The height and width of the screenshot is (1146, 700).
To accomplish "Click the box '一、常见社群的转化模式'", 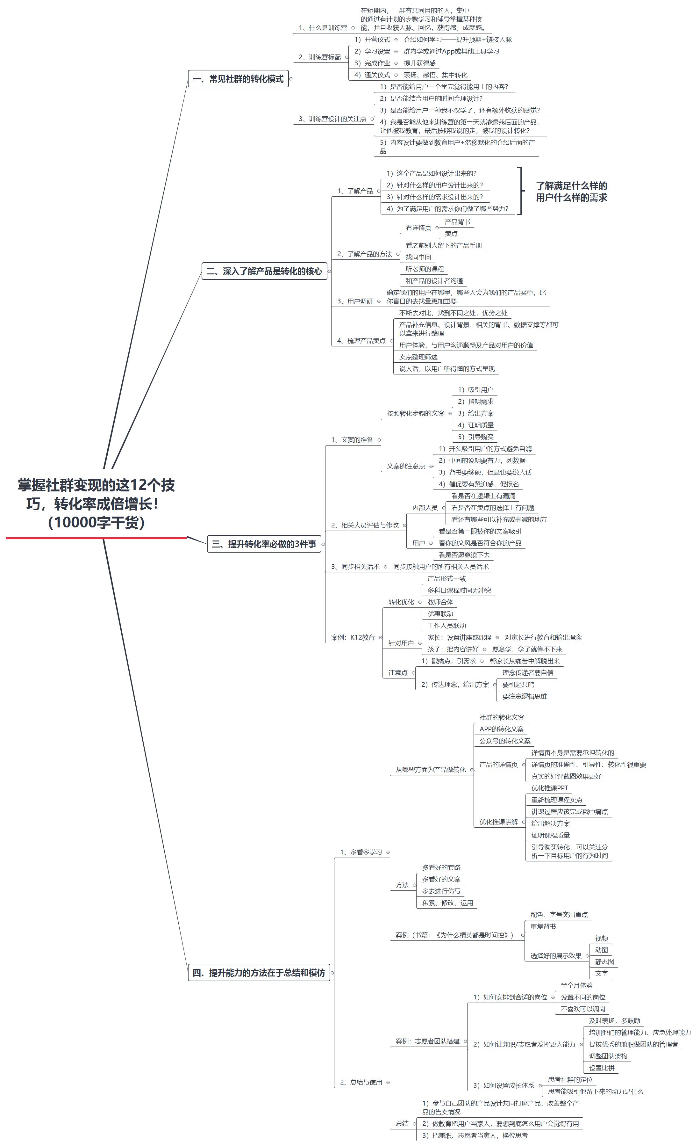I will pyautogui.click(x=238, y=79).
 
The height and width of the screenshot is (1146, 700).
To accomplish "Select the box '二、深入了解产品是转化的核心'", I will pyautogui.click(x=264, y=272).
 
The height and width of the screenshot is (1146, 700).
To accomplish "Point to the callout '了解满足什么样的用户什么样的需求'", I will pyautogui.click(x=571, y=192).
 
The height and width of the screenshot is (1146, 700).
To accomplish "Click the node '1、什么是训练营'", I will pyautogui.click(x=323, y=28).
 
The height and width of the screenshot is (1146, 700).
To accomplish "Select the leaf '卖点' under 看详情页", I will pyautogui.click(x=451, y=234).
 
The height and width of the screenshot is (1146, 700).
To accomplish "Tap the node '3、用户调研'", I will pyautogui.click(x=355, y=301).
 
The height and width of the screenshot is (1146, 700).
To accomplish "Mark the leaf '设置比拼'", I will pyautogui.click(x=602, y=1068).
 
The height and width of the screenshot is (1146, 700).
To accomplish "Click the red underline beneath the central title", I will pyautogui.click(x=96, y=538).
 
